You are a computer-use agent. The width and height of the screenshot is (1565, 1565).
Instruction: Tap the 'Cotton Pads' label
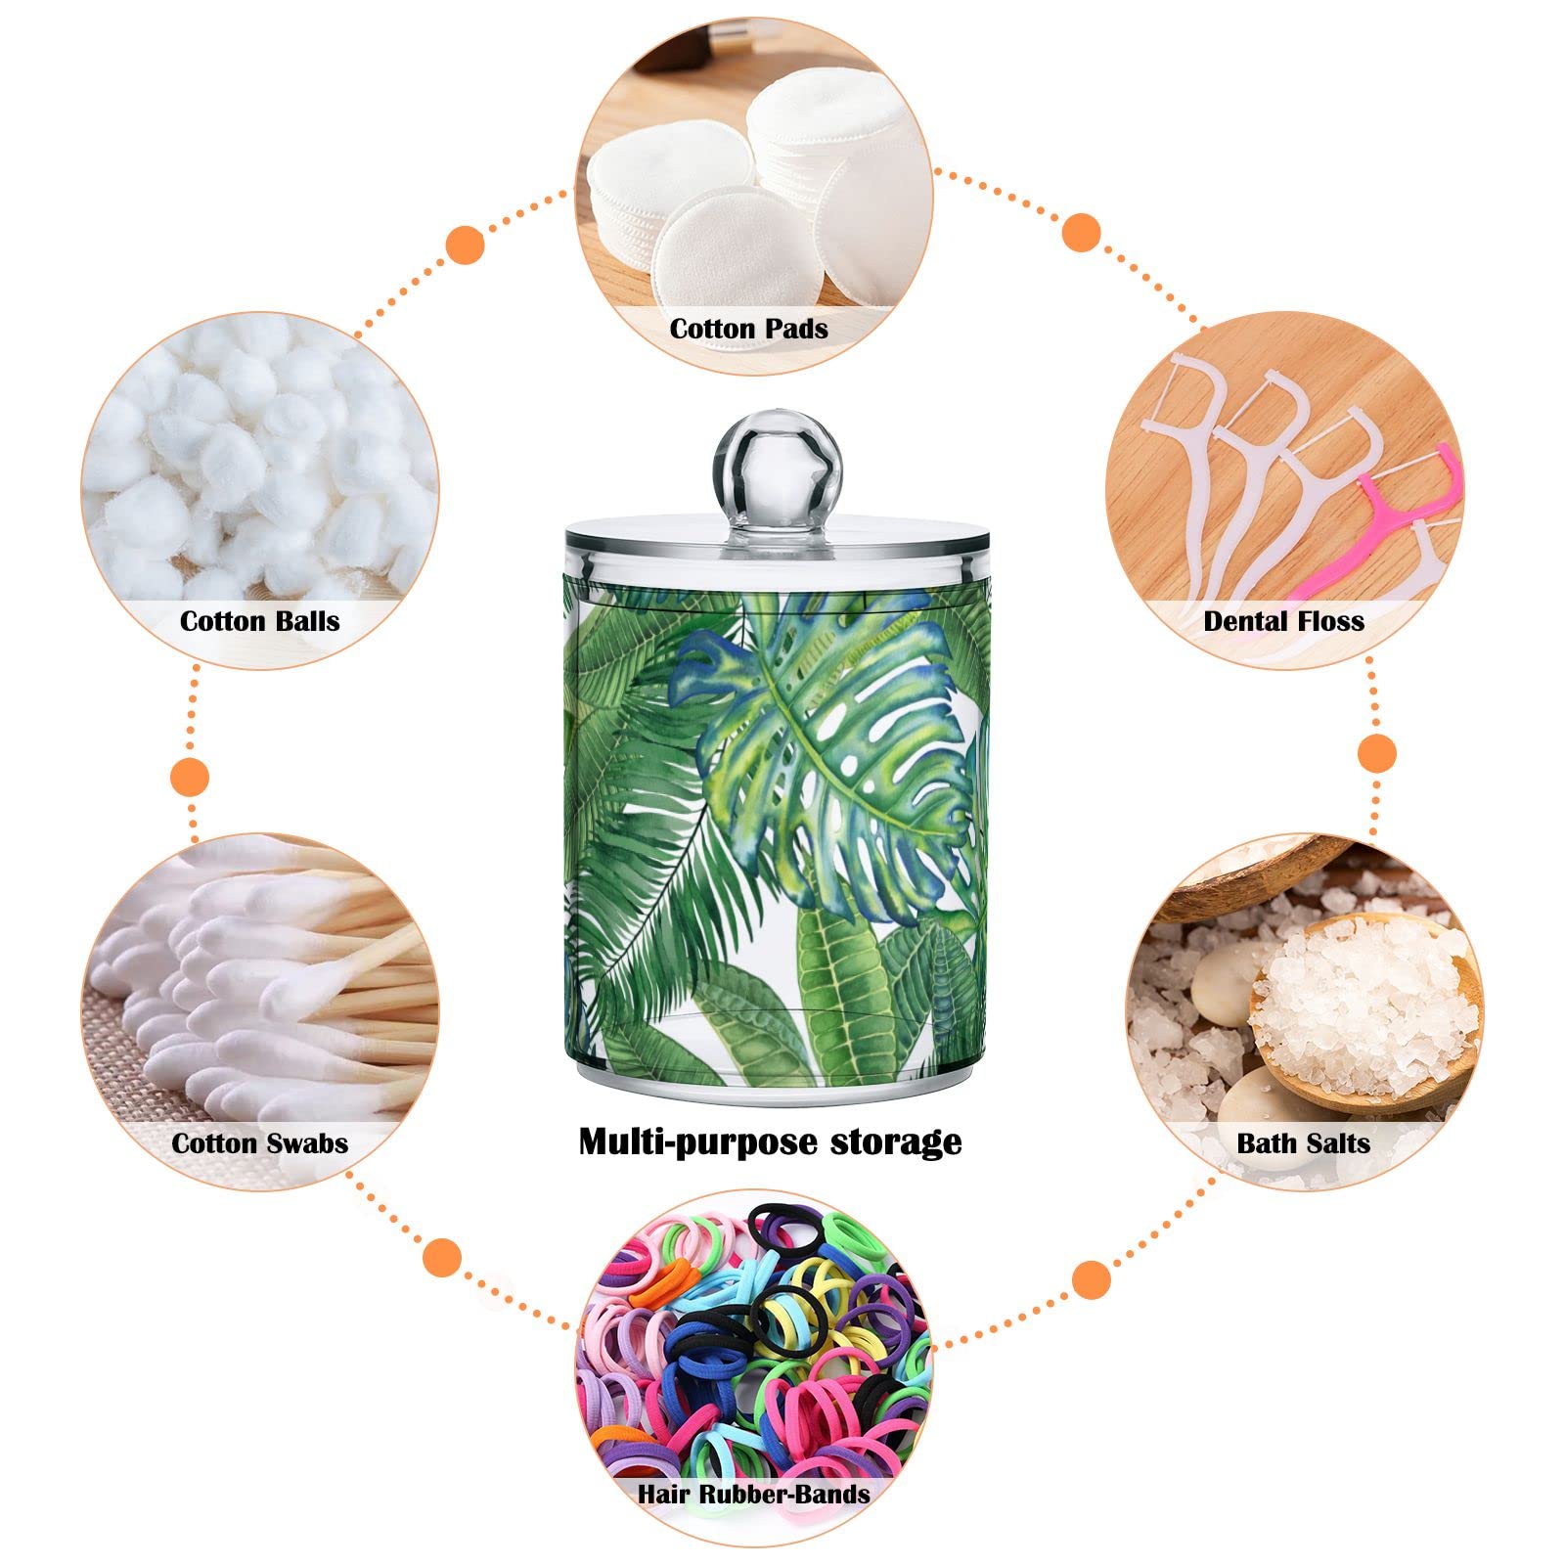(748, 329)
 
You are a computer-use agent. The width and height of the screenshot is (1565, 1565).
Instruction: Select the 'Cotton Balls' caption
(259, 621)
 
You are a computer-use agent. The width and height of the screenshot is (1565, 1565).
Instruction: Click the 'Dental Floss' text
(1283, 621)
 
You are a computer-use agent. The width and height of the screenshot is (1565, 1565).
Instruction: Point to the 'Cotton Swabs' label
(259, 1143)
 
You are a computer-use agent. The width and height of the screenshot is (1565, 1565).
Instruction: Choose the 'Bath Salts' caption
(1303, 1143)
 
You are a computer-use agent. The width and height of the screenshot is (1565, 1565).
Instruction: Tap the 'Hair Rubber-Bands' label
(753, 1494)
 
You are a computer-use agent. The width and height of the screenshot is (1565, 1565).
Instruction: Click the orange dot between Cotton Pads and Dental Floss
(1082, 232)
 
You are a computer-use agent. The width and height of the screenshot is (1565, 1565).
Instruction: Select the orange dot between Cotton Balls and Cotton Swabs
(190, 779)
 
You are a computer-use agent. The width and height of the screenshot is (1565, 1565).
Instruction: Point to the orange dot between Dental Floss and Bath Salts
(1378, 754)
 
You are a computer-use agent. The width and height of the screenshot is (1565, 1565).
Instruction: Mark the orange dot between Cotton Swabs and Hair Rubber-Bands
(443, 1257)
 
